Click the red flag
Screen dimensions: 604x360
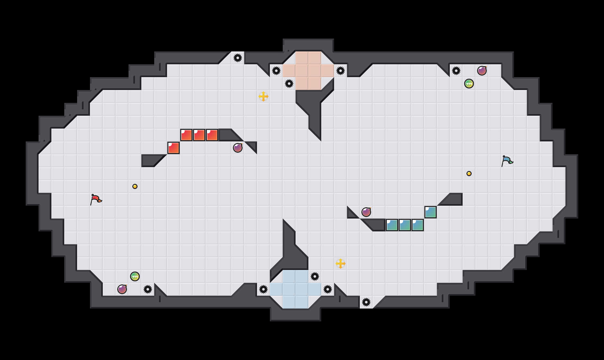tap(96, 199)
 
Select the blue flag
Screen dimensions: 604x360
tap(507, 161)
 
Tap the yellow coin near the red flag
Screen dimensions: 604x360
tap(135, 186)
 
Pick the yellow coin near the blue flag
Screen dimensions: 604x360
tap(469, 174)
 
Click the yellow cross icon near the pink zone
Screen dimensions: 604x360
tap(263, 96)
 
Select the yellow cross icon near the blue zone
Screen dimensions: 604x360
tap(341, 264)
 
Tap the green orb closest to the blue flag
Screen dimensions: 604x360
tap(469, 84)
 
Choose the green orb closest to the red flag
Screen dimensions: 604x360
tap(135, 276)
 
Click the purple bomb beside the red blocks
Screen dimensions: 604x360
tap(238, 148)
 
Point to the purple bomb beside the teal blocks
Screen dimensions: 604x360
tap(366, 212)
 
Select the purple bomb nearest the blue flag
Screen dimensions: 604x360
tap(482, 71)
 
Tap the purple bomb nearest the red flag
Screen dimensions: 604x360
tap(122, 289)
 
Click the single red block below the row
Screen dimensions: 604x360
tap(173, 148)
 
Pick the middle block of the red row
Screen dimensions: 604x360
tap(199, 135)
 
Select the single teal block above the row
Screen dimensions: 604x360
tap(431, 212)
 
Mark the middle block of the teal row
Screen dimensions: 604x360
tap(405, 225)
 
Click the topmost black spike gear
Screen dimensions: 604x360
tap(238, 58)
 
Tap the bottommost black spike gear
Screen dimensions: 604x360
tap(366, 302)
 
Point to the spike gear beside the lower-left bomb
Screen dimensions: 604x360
tap(148, 289)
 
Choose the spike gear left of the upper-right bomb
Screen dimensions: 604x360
tap(456, 71)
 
